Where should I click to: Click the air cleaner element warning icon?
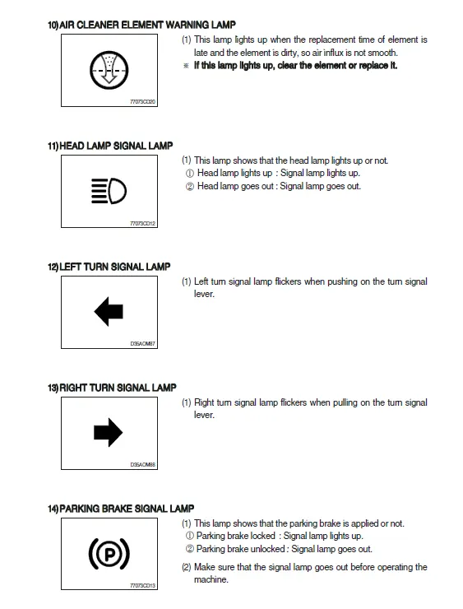109,70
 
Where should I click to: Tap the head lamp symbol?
109,191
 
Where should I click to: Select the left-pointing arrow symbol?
109,311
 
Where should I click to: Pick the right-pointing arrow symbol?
109,432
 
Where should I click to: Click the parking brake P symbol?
109,554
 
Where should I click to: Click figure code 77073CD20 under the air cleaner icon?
142,102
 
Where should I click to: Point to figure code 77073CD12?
142,223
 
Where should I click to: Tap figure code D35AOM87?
142,344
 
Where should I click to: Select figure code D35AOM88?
142,464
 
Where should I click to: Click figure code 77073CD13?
142,585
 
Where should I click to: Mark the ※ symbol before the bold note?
186,66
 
